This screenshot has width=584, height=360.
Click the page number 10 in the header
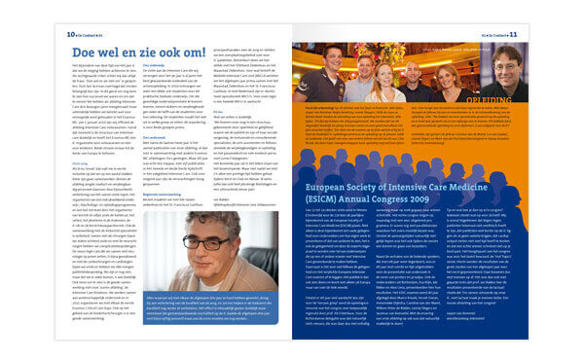point(70,34)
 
